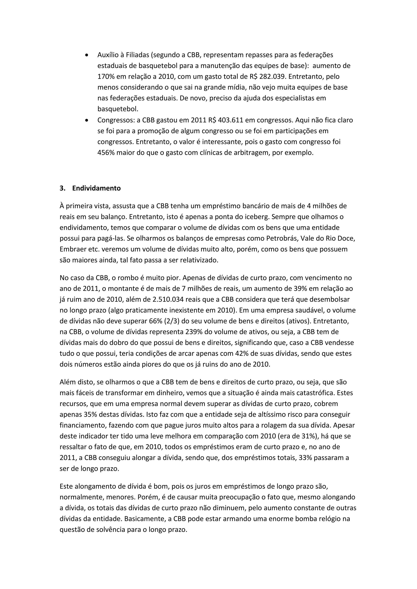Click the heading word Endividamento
96,188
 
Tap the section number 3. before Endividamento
62,188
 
